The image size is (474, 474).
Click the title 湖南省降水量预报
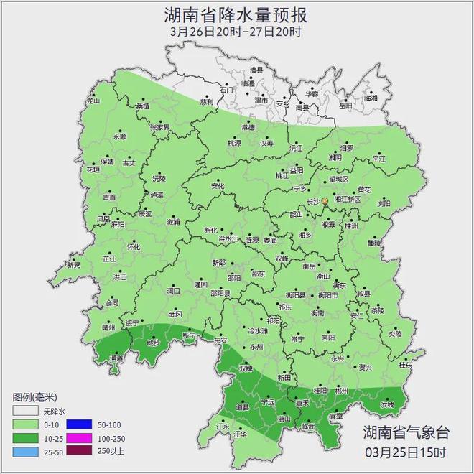236,14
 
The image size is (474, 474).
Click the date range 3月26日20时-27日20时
236,32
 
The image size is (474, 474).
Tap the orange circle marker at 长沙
325,201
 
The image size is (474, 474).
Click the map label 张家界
159,126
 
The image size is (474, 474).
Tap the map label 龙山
93,103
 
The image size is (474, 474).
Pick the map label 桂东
404,365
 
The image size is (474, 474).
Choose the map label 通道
116,358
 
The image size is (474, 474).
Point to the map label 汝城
387,405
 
